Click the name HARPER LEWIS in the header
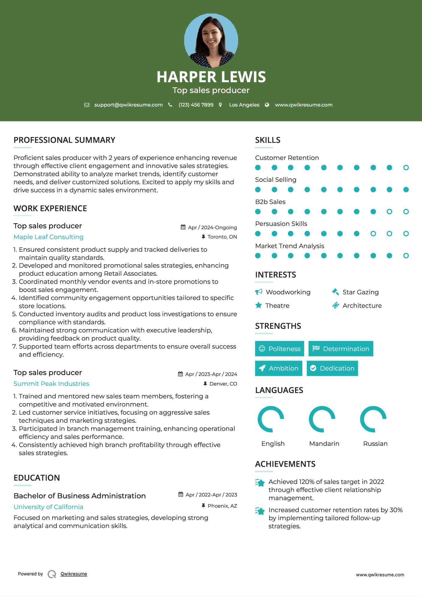tap(211, 77)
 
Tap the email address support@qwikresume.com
tap(128, 105)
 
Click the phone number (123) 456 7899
tap(196, 105)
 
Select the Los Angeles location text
tap(244, 105)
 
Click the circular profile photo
tap(211, 40)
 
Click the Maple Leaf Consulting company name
tap(49, 237)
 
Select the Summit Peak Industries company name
tap(51, 384)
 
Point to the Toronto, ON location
tap(222, 237)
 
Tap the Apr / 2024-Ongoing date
tap(212, 227)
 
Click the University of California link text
tap(49, 507)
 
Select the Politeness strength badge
tap(280, 349)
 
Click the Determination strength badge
tap(341, 349)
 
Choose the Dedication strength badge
tap(332, 368)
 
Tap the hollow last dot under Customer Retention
tap(406, 168)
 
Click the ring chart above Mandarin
tap(322, 419)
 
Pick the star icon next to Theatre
tap(259, 305)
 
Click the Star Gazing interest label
tap(361, 292)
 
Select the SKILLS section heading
tap(268, 140)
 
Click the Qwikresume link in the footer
tap(74, 574)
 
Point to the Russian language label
tap(375, 444)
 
